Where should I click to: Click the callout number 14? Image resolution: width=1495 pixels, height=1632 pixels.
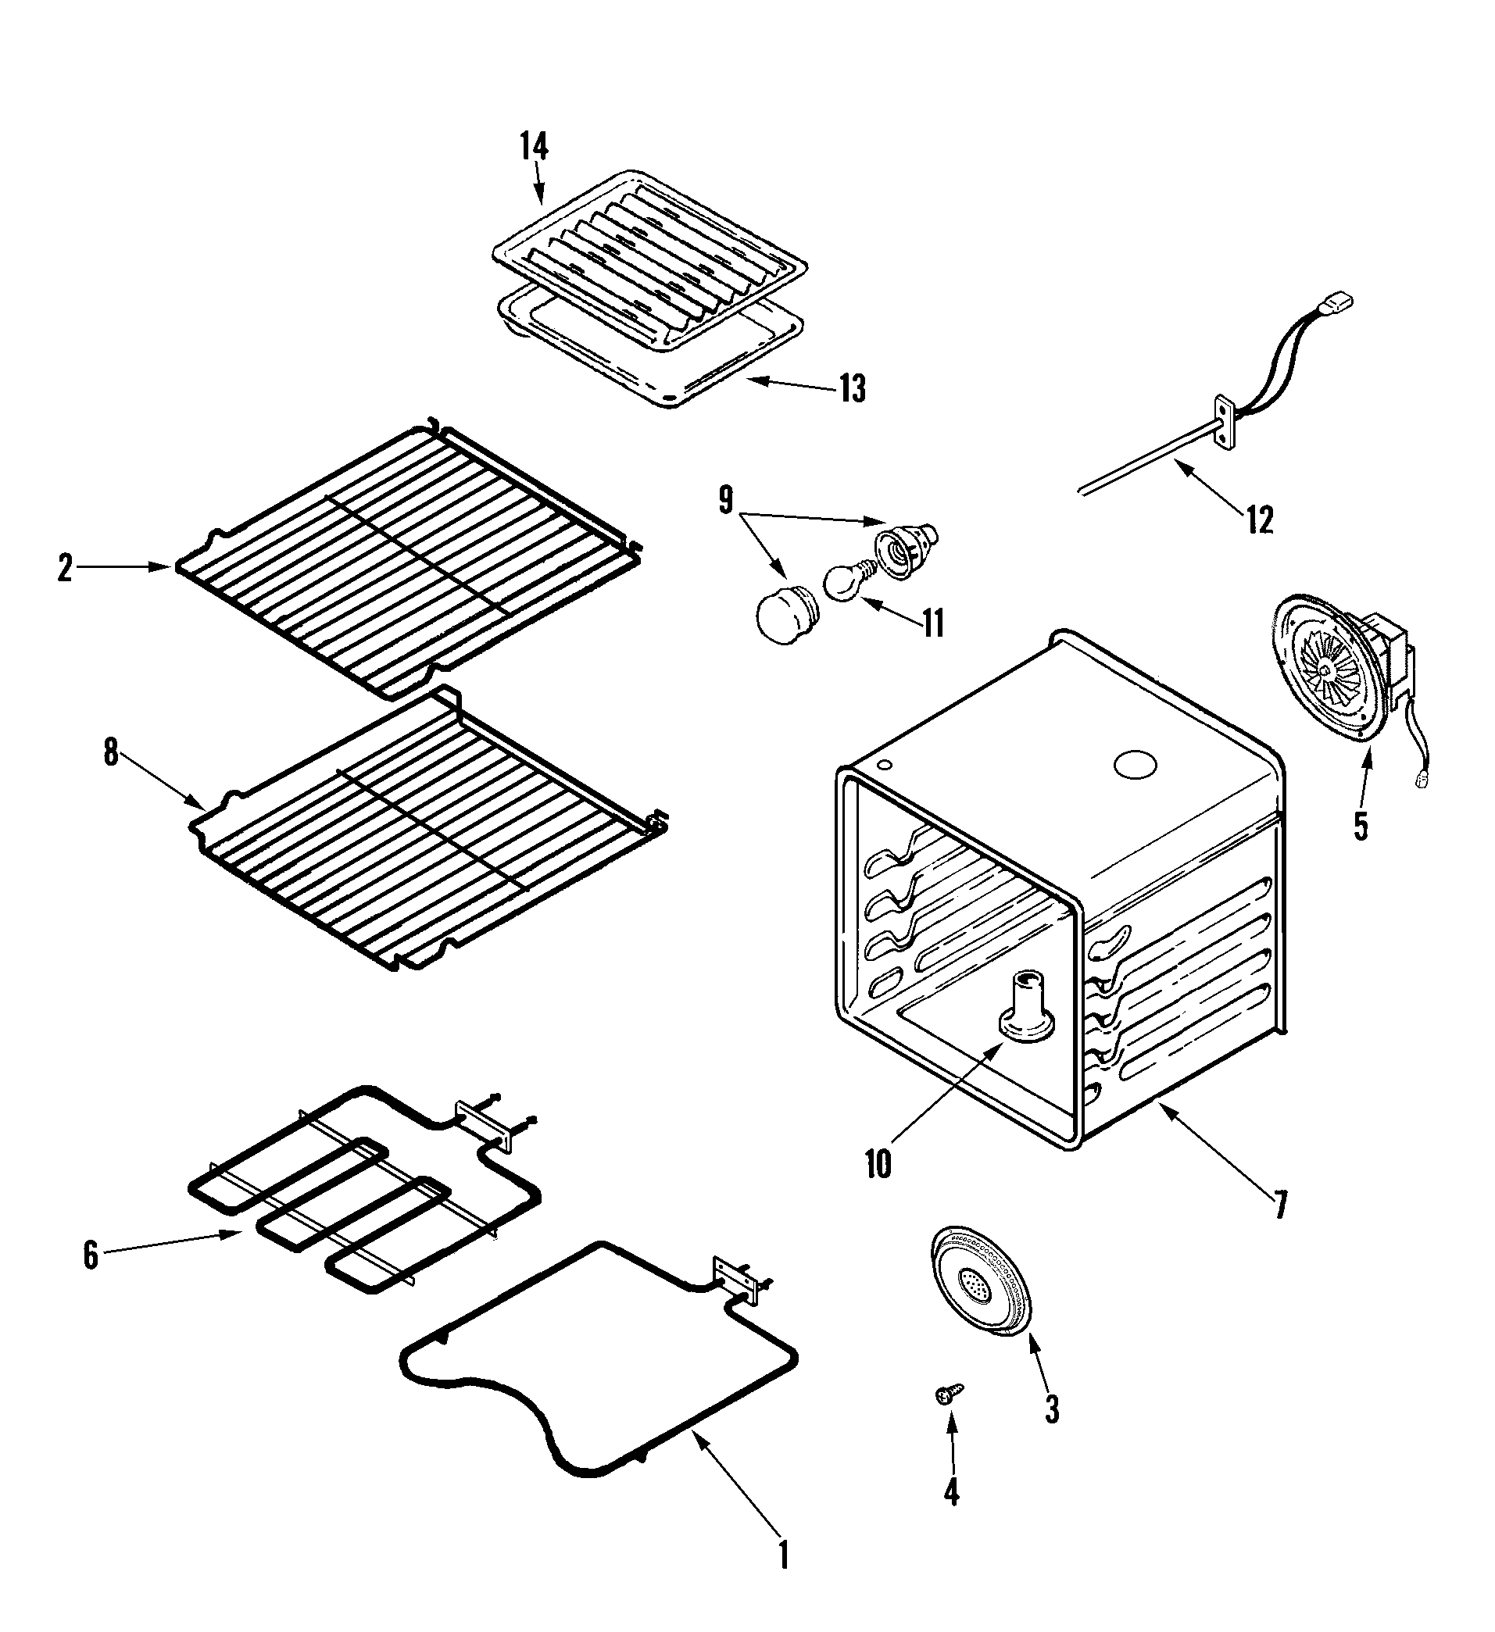pos(535,148)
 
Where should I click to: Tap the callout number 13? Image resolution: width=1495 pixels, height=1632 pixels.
pos(852,389)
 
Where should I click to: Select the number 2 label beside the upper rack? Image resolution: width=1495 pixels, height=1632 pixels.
pos(66,568)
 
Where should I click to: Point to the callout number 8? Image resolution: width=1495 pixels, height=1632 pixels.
pos(111,754)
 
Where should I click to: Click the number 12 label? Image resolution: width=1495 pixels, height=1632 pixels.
pos(1259,520)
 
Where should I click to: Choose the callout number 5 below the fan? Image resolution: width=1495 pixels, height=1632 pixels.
pos(1361,826)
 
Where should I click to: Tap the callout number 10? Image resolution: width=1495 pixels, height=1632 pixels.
pos(878,1164)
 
